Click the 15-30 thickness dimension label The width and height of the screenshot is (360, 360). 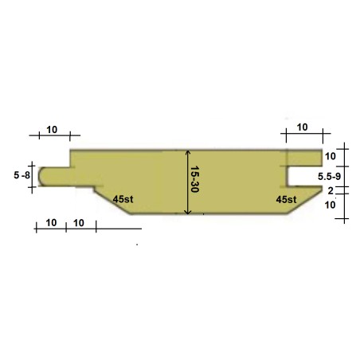click(195, 179)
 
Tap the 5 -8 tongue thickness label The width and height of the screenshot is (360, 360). click(22, 175)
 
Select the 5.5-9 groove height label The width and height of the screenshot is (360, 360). click(329, 176)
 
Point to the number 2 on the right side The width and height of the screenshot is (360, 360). click(331, 190)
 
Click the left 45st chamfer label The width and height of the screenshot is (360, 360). click(123, 199)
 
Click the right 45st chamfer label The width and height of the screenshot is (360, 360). click(286, 199)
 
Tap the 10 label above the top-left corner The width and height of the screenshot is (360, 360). click(52, 130)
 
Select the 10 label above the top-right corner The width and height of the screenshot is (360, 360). click(302, 127)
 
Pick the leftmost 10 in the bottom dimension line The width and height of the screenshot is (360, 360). click(51, 223)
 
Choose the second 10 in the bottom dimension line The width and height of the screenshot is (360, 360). click(79, 223)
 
